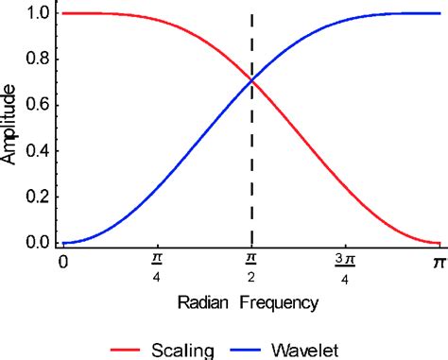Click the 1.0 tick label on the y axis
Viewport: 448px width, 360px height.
39,13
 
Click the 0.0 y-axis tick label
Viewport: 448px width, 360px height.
39,243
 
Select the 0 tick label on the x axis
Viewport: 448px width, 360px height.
62,261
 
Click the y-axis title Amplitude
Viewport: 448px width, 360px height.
10,129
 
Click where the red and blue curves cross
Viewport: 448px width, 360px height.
250,81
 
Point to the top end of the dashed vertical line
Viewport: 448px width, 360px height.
250,12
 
